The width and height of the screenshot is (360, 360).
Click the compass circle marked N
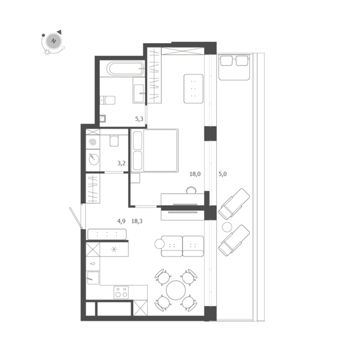point(53,41)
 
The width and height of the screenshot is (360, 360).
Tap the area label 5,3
point(139,119)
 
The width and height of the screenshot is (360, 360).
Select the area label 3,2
point(121,163)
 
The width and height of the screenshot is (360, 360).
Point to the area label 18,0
point(195,174)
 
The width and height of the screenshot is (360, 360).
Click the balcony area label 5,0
point(223,174)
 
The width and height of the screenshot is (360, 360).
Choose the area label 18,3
point(137,221)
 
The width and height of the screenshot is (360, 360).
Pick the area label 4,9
point(121,221)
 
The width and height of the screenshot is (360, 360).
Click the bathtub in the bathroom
point(125,68)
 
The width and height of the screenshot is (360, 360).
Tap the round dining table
point(176,290)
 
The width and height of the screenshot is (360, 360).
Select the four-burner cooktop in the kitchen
point(121,292)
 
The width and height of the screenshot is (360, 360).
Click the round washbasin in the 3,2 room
point(94,159)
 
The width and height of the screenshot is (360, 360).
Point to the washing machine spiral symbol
point(93,142)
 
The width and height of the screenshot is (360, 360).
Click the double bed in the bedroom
point(154,150)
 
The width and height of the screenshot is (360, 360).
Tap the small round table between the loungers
point(227,227)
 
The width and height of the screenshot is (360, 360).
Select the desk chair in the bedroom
point(191,190)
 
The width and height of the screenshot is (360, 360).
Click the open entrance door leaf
point(76,218)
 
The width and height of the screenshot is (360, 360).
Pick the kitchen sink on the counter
point(93,278)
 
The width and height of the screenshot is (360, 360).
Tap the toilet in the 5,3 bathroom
point(107,100)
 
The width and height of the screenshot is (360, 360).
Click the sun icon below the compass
point(47,52)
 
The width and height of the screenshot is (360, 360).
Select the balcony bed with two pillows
point(234,67)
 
